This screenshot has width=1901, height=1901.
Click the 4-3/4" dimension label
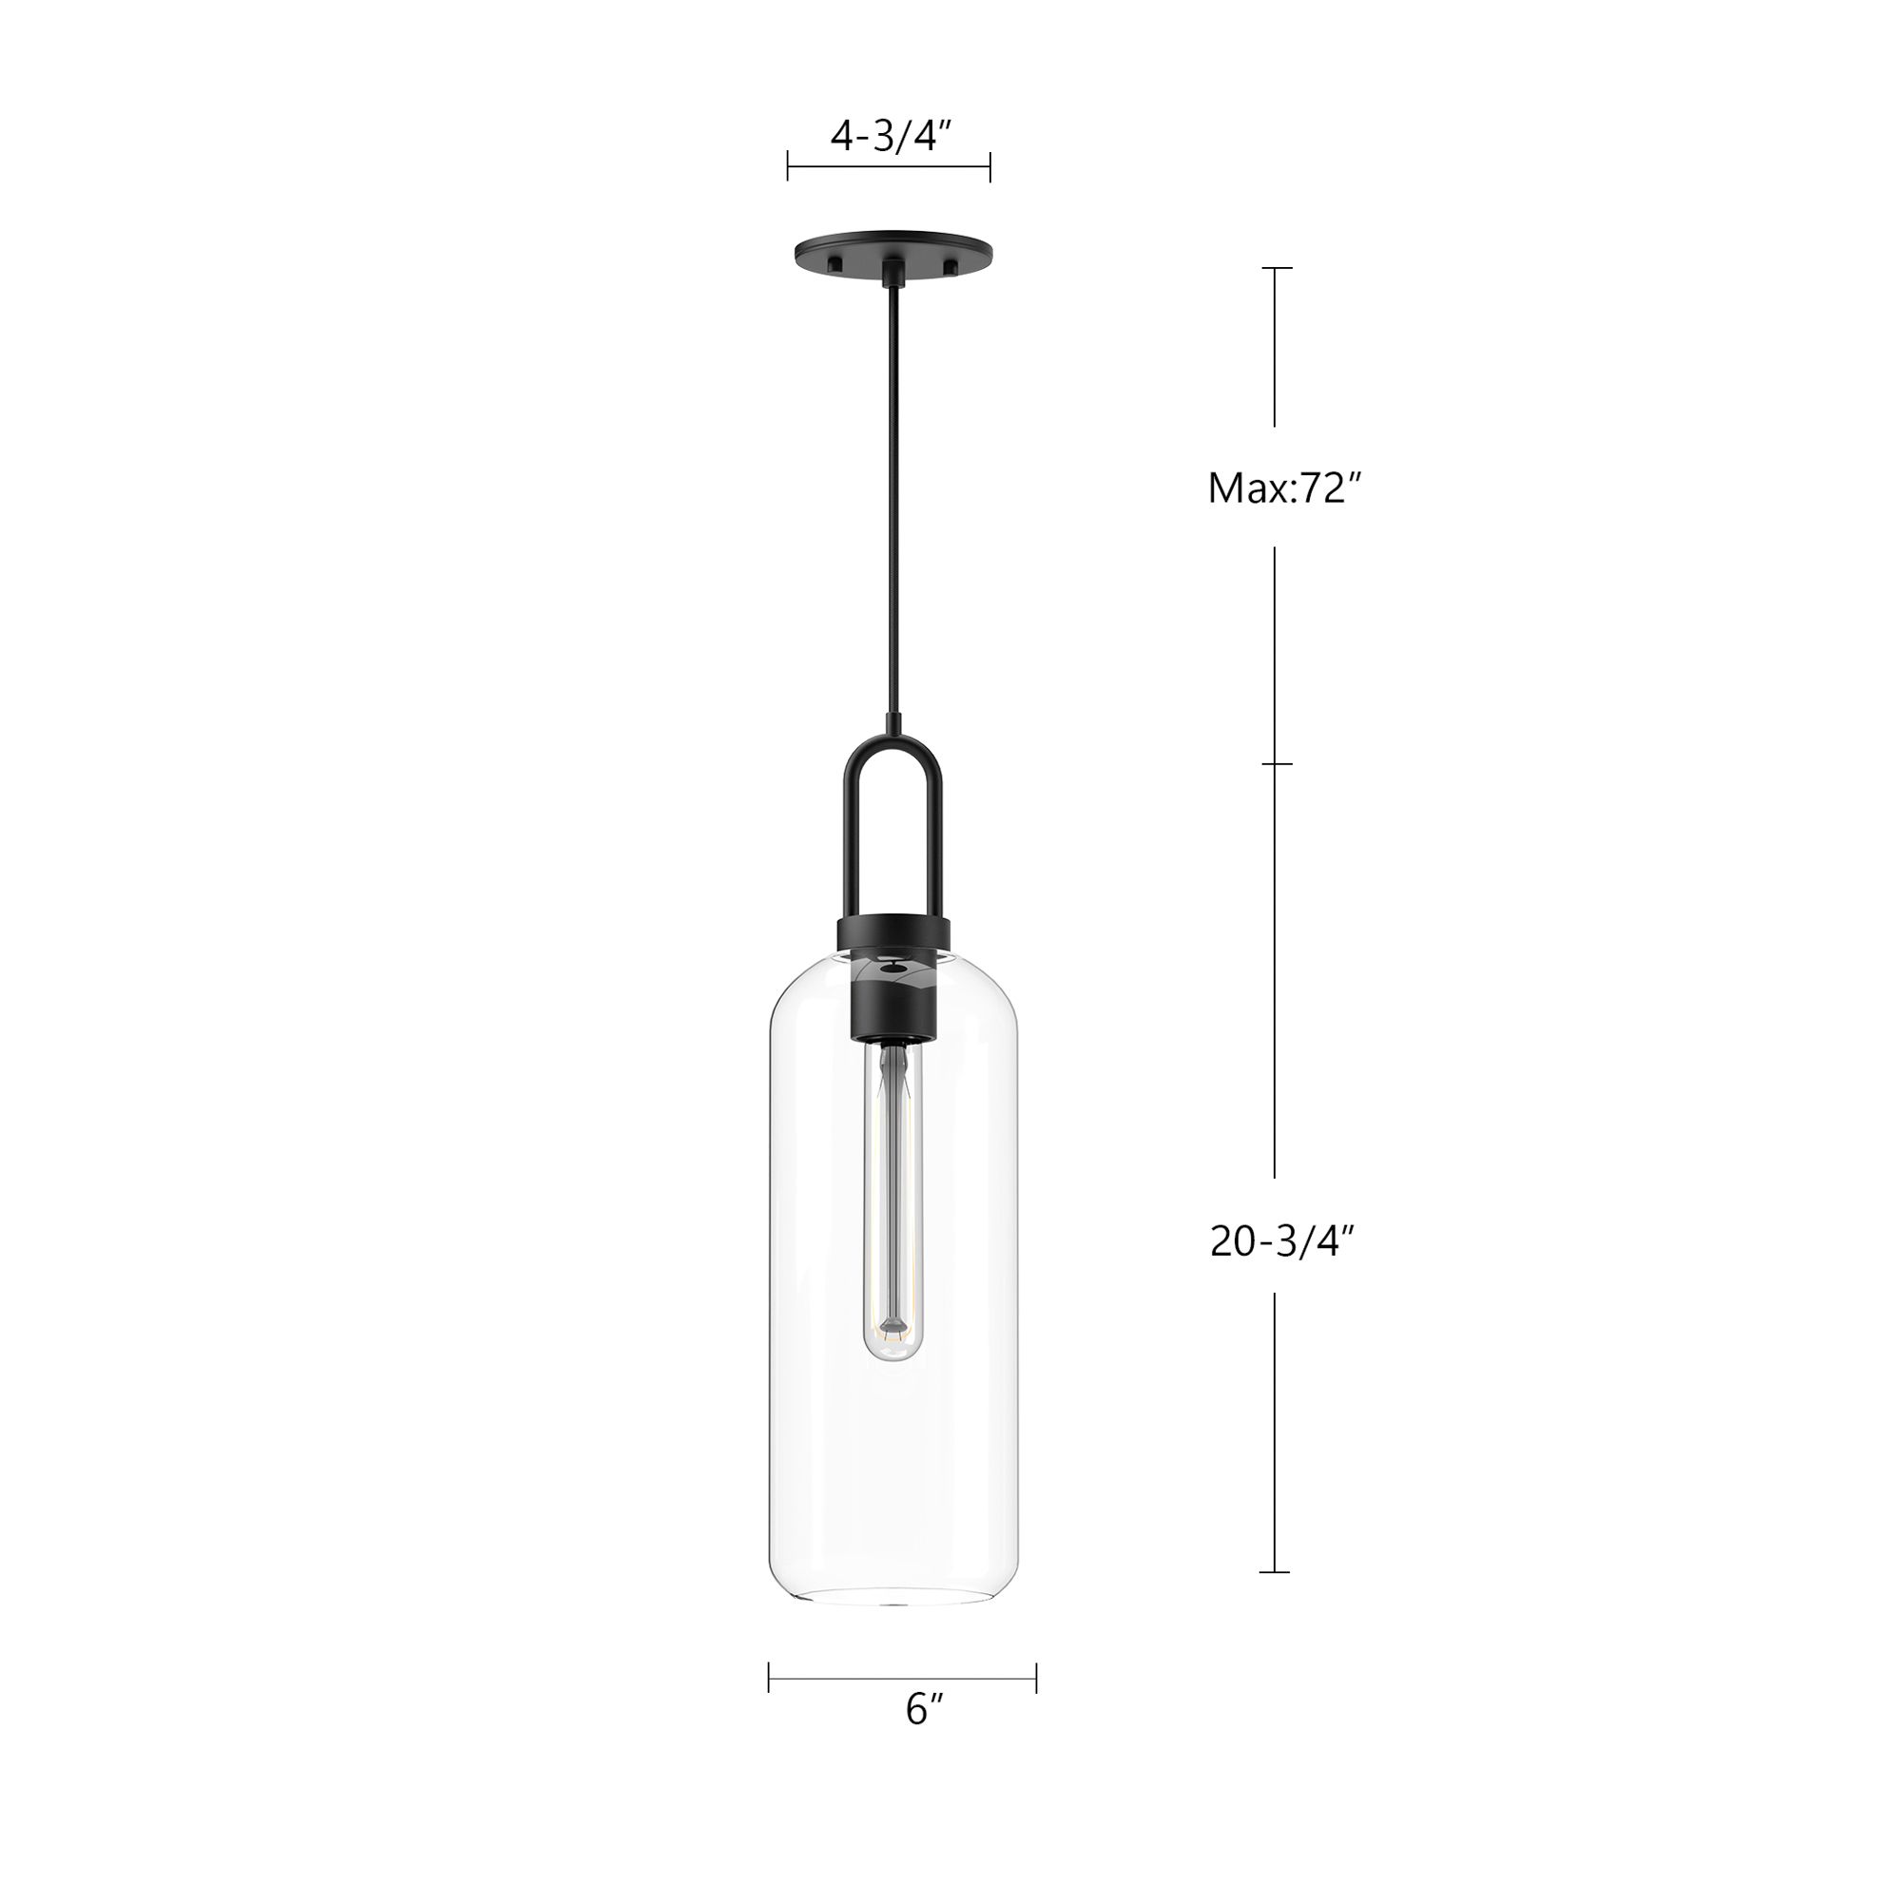pyautogui.click(x=892, y=137)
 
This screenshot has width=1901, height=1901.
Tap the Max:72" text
pyautogui.click(x=1284, y=488)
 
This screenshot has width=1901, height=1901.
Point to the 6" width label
pyautogui.click(x=924, y=1737)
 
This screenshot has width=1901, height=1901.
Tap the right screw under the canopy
pyautogui.click(x=950, y=266)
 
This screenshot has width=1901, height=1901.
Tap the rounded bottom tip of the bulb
pyautogui.click(x=893, y=1354)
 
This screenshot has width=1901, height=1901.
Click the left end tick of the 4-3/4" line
pyautogui.click(x=788, y=167)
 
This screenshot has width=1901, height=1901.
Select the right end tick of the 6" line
pyautogui.click(x=1036, y=1678)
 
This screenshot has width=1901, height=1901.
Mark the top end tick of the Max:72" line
pyautogui.click(x=1277, y=268)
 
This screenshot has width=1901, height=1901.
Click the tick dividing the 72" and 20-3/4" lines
pyautogui.click(x=1277, y=763)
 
